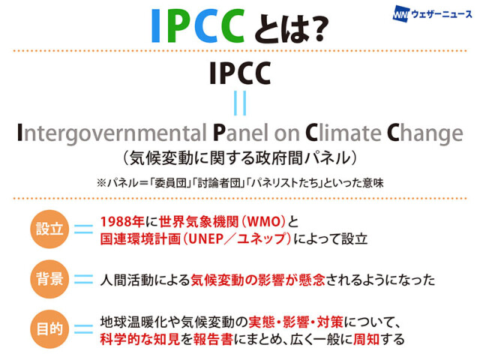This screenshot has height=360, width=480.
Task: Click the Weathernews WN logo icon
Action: pyautogui.click(x=400, y=14)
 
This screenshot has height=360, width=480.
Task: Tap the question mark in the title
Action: pyautogui.click(x=317, y=28)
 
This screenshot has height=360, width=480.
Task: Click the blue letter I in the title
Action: pyautogui.click(x=155, y=25)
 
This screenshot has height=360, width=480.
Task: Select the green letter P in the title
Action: pyautogui.click(x=178, y=25)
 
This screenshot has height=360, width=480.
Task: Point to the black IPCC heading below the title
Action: pyautogui.click(x=240, y=73)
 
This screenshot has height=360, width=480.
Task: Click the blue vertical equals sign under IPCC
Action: pyautogui.click(x=240, y=103)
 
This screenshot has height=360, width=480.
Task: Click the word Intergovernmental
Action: pyautogui.click(x=112, y=133)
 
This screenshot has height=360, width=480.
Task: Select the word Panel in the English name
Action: pyautogui.click(x=241, y=133)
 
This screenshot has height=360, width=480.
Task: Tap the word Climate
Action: pyautogui.click(x=343, y=133)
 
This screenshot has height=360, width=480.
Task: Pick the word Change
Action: pyautogui.click(x=425, y=133)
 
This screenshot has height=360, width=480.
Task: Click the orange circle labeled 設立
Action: pyautogui.click(x=49, y=229)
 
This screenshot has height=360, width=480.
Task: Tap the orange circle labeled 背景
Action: pyautogui.click(x=49, y=279)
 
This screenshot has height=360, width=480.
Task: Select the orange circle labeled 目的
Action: pyautogui.click(x=49, y=329)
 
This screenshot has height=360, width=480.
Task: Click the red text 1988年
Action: pyautogui.click(x=122, y=222)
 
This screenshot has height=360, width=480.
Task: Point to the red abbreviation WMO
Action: pyautogui.click(x=264, y=222)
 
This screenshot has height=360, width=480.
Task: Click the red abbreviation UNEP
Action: pyautogui.click(x=206, y=239)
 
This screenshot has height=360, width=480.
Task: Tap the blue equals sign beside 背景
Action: pyautogui.click(x=83, y=279)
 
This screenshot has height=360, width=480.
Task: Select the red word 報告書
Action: pyautogui.click(x=213, y=339)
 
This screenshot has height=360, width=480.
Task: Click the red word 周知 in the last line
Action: pyautogui.click(x=367, y=339)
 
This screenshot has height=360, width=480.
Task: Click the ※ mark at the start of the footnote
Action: pyautogui.click(x=101, y=183)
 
